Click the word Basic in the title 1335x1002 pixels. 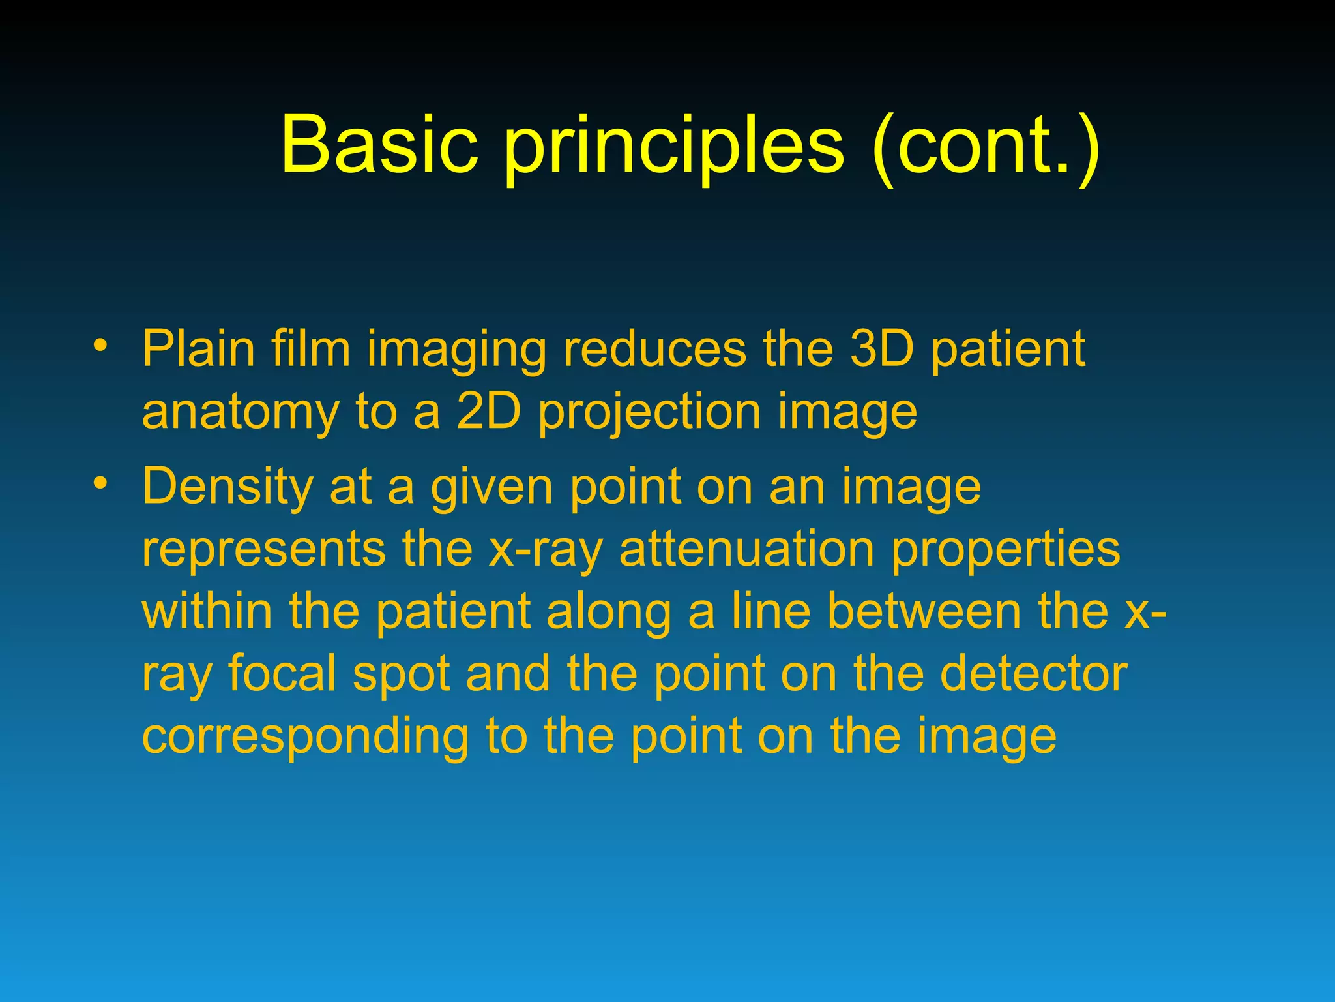(379, 145)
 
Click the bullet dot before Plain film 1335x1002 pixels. (99, 344)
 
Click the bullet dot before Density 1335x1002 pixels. (99, 483)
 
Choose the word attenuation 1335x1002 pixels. (746, 549)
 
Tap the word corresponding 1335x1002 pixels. (305, 738)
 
